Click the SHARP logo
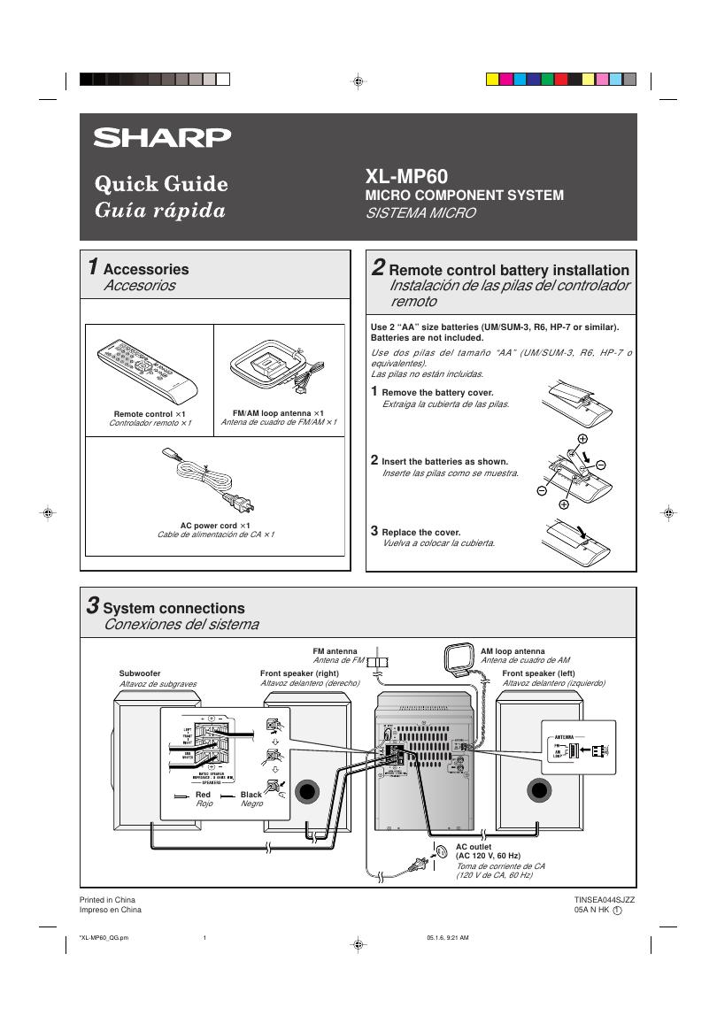point(163,137)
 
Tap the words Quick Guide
point(161,184)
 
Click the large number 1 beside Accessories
point(93,267)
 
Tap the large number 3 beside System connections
point(93,606)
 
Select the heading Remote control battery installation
point(509,270)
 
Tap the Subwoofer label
point(140,673)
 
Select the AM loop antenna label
point(513,650)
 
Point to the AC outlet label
point(474,847)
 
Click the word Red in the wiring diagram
point(204,795)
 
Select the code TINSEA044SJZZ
point(605,899)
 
